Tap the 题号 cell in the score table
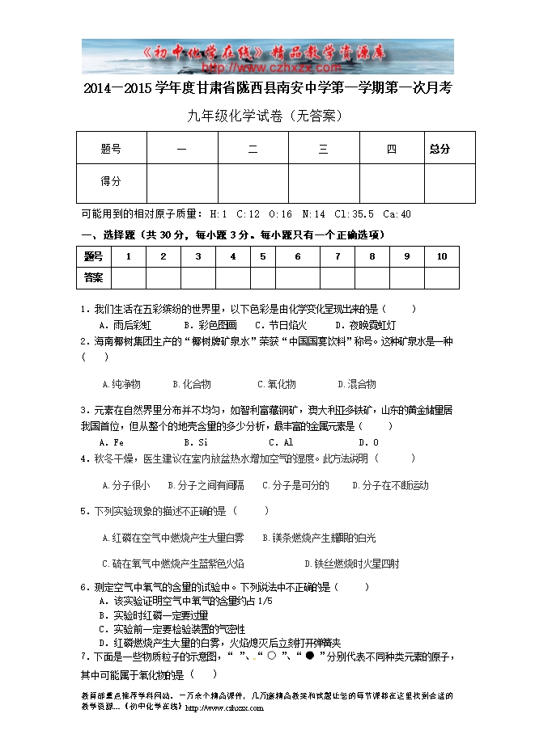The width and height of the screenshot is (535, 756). (111, 149)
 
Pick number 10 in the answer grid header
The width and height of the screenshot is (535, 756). (441, 256)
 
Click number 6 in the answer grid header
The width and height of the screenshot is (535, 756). (298, 256)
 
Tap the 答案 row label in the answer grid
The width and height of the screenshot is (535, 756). (94, 277)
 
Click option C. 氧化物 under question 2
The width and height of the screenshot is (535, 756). (277, 384)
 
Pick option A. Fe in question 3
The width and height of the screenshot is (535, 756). (111, 442)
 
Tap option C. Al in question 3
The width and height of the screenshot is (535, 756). (281, 442)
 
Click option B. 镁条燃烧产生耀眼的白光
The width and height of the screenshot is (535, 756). (319, 538)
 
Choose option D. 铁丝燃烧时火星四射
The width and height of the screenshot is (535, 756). (351, 564)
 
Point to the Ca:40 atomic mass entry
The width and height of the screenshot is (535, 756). (397, 214)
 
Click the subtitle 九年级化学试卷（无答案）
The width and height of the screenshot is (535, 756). (266, 116)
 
